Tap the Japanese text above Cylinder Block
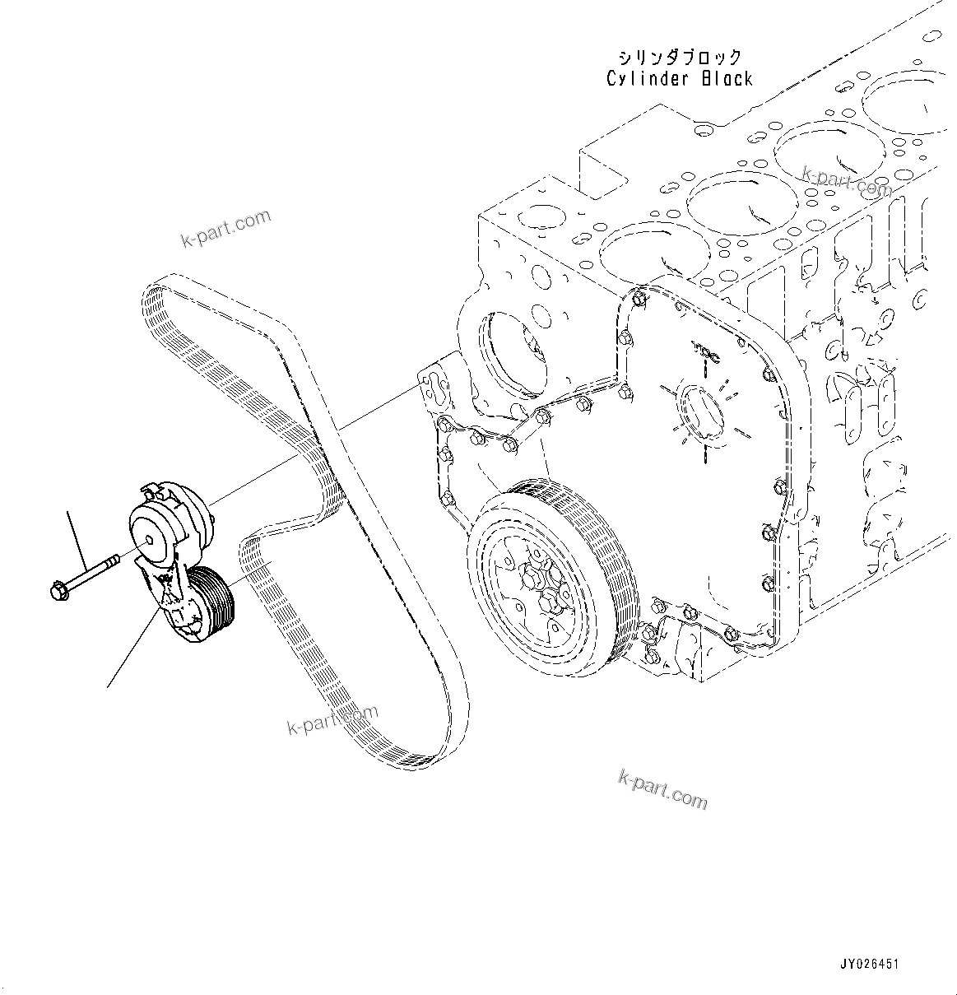681,58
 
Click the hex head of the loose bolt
59,590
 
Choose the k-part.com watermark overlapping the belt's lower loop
332,719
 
